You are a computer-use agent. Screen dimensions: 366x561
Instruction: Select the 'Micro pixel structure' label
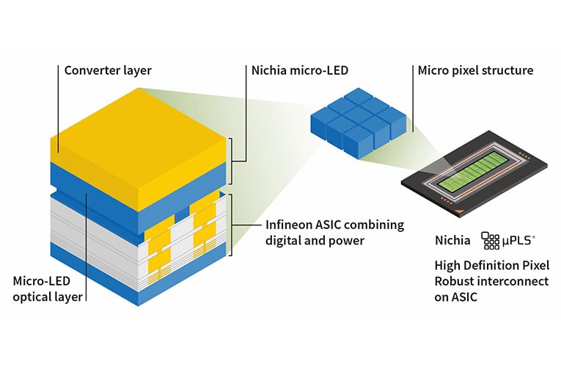pyautogui.click(x=475, y=71)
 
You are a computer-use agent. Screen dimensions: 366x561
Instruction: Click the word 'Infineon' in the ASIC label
pyautogui.click(x=289, y=225)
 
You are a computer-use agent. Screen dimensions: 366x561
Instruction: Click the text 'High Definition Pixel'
pyautogui.click(x=491, y=264)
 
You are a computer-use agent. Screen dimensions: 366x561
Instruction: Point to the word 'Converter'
pyautogui.click(x=89, y=71)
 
